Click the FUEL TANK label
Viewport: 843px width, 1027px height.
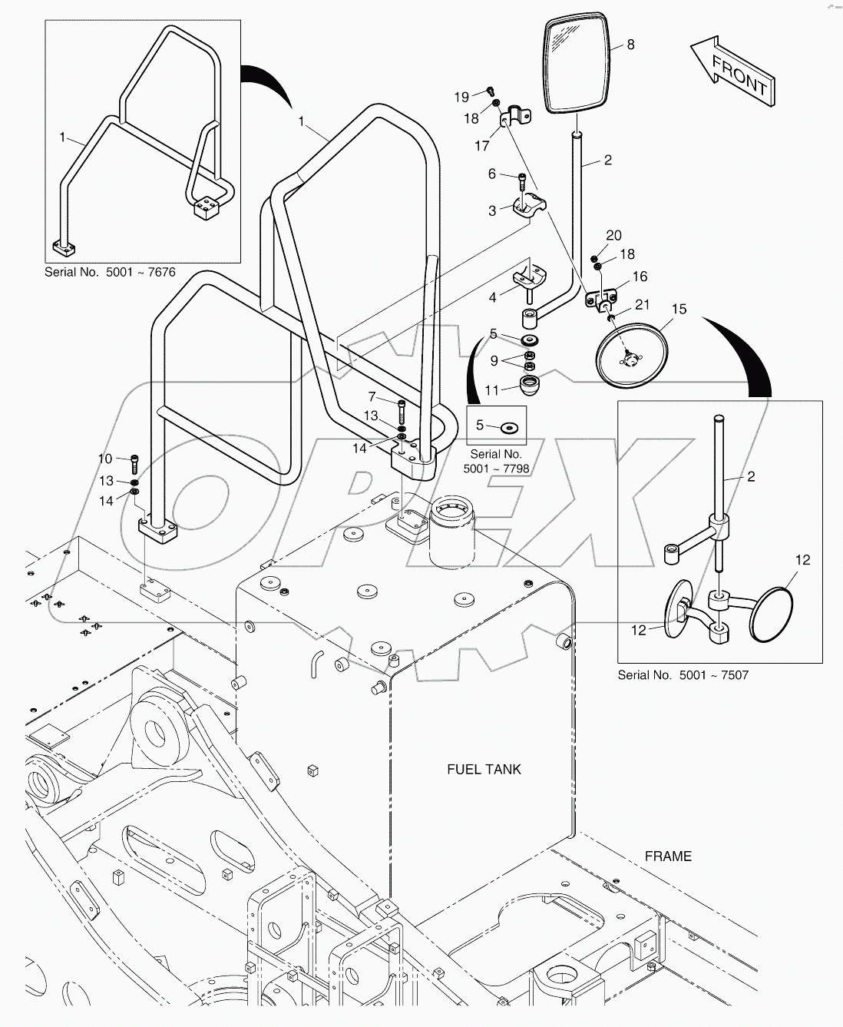coord(484,769)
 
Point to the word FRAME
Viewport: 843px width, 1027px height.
coord(668,856)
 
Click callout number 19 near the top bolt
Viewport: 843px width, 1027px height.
coord(461,97)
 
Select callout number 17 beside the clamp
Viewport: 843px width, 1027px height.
coord(482,145)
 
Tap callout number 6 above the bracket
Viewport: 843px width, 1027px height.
coord(492,174)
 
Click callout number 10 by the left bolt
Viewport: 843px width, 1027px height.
coord(105,459)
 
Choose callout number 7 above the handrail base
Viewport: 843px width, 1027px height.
coord(372,397)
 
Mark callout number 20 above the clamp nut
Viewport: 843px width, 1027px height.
coord(613,236)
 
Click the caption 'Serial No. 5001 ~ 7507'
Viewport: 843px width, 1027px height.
coord(683,675)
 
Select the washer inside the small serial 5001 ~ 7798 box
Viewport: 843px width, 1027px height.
coord(508,425)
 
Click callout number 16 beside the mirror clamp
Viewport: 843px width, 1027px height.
coord(640,277)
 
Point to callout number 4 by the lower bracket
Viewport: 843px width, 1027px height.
coord(492,296)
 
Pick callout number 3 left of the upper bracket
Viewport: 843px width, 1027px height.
coord(492,211)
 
